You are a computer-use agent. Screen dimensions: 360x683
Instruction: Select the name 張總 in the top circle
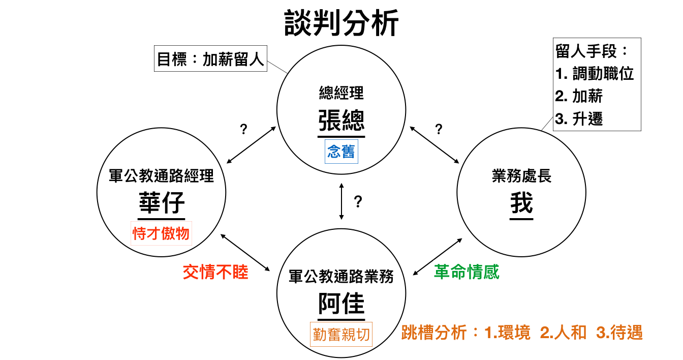[341, 121]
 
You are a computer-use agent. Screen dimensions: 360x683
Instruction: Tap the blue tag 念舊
[341, 152]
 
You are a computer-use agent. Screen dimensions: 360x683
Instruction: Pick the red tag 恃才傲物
[161, 233]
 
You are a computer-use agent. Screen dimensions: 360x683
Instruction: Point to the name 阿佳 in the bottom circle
[341, 304]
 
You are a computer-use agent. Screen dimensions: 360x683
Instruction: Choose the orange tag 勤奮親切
[341, 334]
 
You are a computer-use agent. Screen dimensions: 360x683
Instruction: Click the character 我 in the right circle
[521, 203]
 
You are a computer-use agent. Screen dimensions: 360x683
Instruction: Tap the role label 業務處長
[521, 176]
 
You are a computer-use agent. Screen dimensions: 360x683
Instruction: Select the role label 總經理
[341, 93]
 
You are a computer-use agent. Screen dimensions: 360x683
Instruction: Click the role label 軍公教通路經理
[162, 176]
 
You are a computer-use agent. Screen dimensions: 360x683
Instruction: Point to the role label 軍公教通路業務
[341, 276]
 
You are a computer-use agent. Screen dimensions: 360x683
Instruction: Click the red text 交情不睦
[215, 272]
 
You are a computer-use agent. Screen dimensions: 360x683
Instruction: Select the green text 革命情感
[467, 272]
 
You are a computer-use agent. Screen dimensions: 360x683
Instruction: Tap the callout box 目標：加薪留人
[210, 60]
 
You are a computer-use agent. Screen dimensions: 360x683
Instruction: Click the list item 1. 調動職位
[595, 74]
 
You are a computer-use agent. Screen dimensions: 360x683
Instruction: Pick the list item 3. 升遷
[579, 118]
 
